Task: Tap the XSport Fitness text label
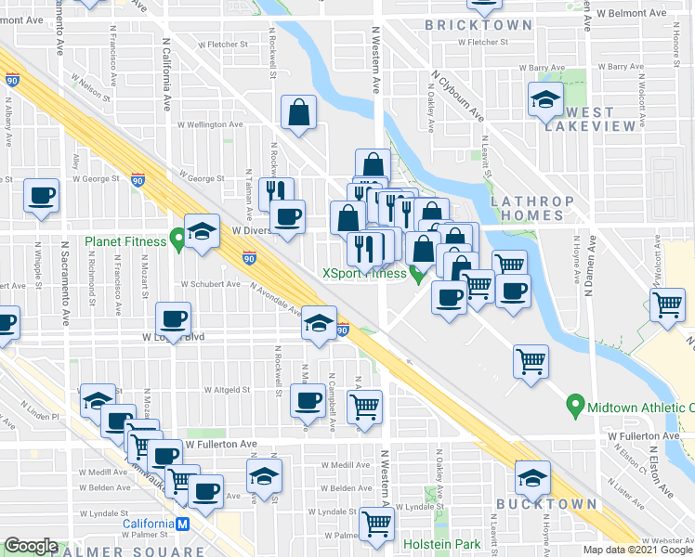pyautogui.click(x=364, y=273)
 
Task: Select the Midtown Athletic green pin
pyautogui.click(x=575, y=406)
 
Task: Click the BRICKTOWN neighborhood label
pyautogui.click(x=479, y=25)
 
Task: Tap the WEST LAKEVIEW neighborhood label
pyautogui.click(x=598, y=119)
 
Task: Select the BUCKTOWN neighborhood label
pyautogui.click(x=545, y=503)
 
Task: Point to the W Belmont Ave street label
pyautogui.click(x=631, y=14)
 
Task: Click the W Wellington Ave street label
pyautogui.click(x=210, y=123)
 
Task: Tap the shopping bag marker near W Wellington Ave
pyautogui.click(x=299, y=112)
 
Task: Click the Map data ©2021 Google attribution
pyautogui.click(x=636, y=550)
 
